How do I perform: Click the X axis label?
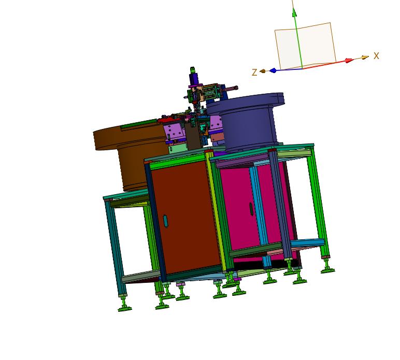[376, 56]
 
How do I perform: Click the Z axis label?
[254, 73]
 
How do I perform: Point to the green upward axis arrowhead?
[295, 12]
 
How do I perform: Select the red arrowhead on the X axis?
[349, 61]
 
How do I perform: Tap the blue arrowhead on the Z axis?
[273, 70]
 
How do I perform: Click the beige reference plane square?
[305, 46]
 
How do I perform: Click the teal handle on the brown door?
[166, 221]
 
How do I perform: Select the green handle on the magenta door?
[251, 209]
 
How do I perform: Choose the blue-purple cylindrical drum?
[246, 122]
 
